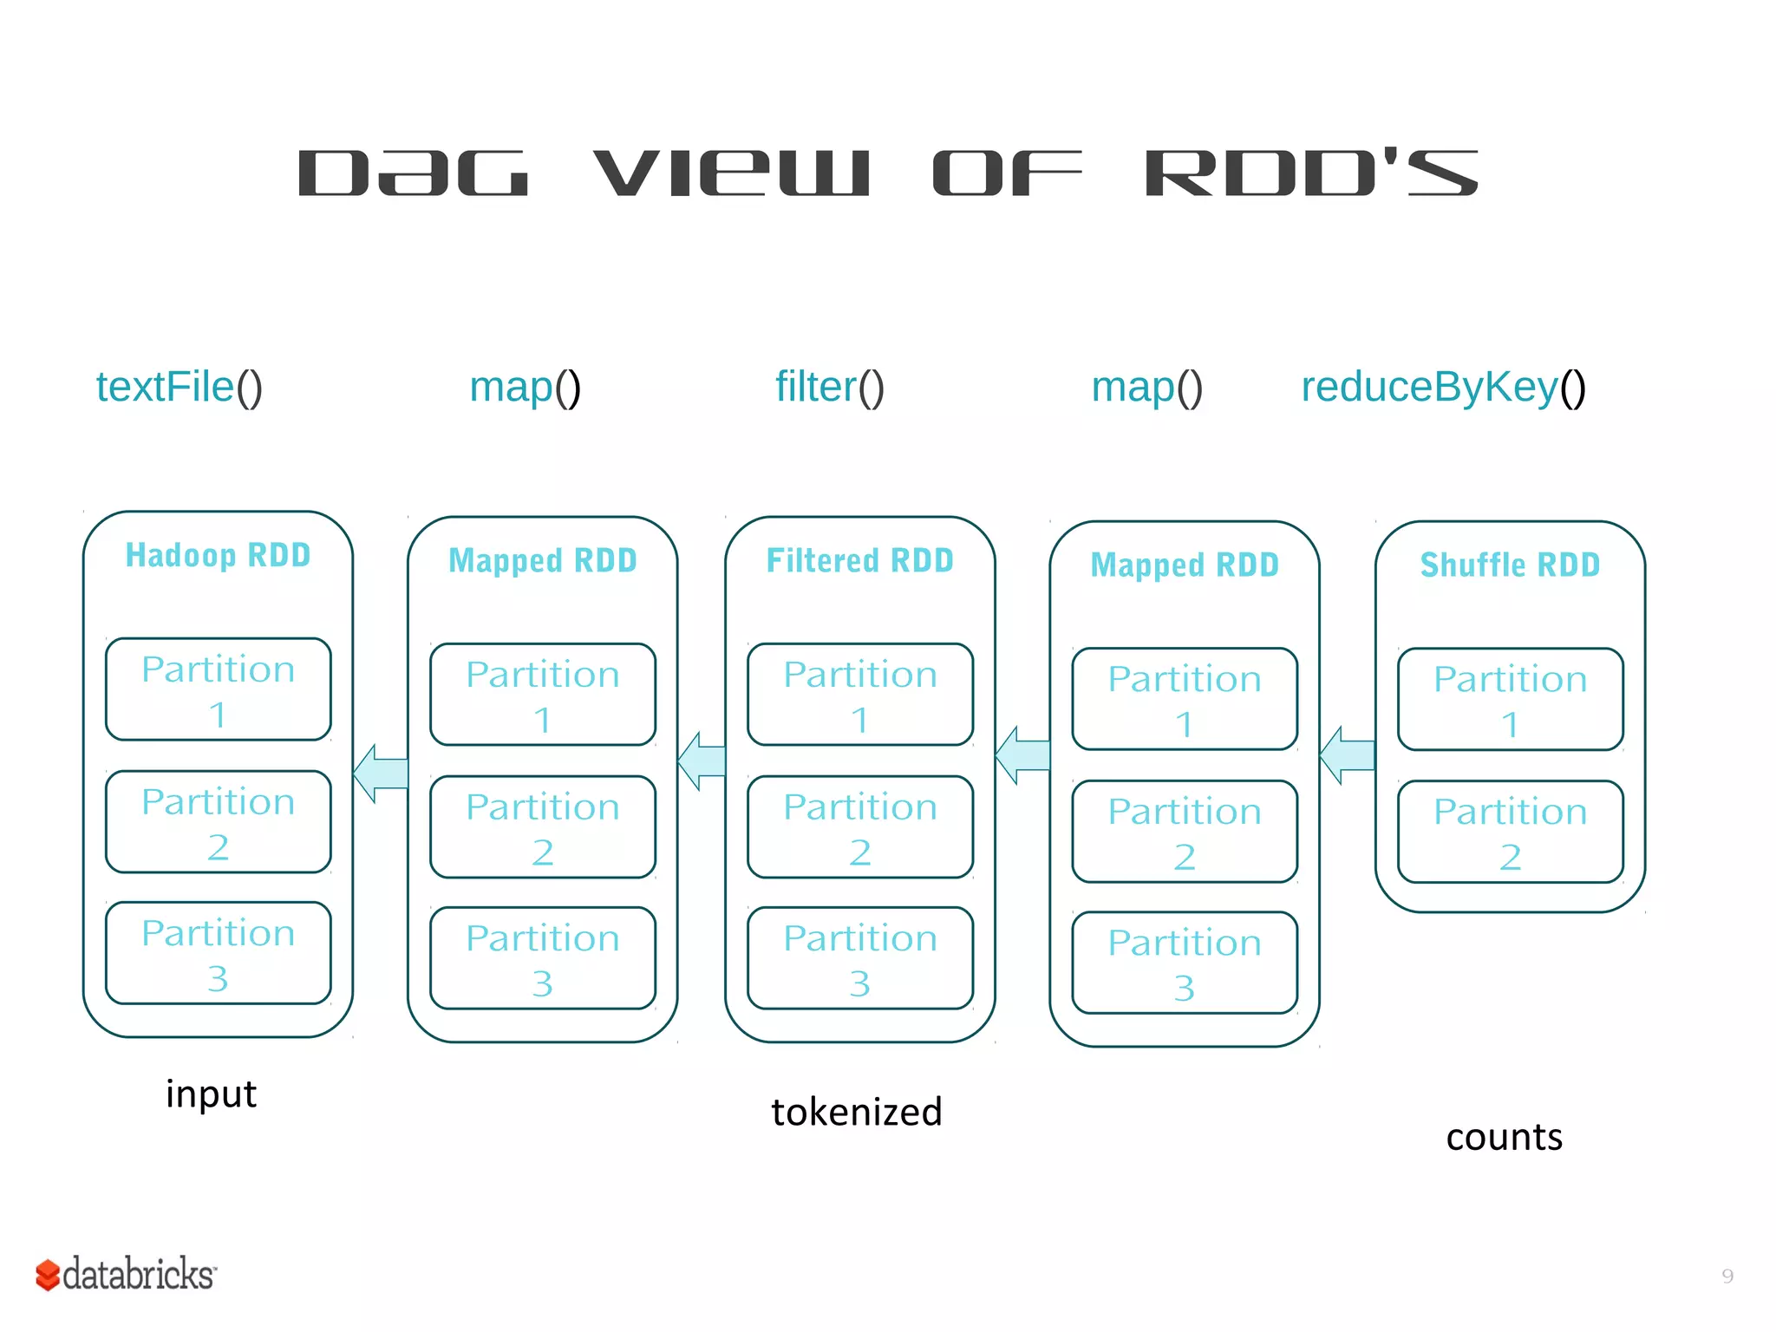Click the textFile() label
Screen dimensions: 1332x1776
point(179,387)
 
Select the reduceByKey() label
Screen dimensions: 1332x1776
point(1443,387)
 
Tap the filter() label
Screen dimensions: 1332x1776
point(829,387)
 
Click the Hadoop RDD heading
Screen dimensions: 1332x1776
point(218,555)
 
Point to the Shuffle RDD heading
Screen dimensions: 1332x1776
point(1510,565)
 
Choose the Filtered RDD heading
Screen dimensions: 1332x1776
point(859,561)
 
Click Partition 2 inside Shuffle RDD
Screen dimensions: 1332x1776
point(1510,832)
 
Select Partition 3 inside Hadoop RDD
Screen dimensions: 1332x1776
point(218,953)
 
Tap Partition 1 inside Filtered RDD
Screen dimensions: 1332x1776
point(859,695)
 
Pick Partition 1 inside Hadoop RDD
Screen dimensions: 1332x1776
point(218,689)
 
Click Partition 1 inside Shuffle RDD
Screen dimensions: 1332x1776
point(1510,699)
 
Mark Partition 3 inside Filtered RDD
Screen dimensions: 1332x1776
point(859,958)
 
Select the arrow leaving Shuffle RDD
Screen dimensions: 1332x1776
point(1346,755)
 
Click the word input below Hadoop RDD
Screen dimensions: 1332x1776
point(211,1094)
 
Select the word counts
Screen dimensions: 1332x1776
point(1504,1138)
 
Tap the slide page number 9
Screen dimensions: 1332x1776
point(1727,1276)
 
